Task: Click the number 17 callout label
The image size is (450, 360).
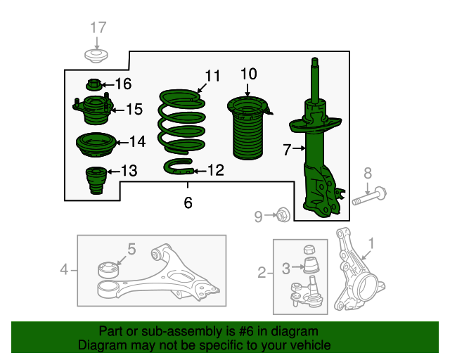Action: [98, 27]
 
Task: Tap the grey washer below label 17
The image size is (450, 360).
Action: [96, 56]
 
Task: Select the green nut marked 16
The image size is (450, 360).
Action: [94, 84]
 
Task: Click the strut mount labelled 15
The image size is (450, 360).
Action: [92, 109]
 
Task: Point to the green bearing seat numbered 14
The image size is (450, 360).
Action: [96, 145]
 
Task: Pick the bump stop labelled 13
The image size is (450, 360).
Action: [96, 180]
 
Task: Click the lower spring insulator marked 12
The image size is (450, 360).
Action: [179, 167]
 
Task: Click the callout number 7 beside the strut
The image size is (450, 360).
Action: [287, 149]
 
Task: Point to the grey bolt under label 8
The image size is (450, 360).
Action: [369, 195]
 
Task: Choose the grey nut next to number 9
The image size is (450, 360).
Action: [283, 214]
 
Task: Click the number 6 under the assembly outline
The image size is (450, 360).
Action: [188, 202]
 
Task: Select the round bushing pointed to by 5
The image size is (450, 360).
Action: [108, 270]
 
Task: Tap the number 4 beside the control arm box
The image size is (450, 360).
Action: [64, 270]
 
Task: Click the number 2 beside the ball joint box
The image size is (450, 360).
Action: [262, 272]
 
